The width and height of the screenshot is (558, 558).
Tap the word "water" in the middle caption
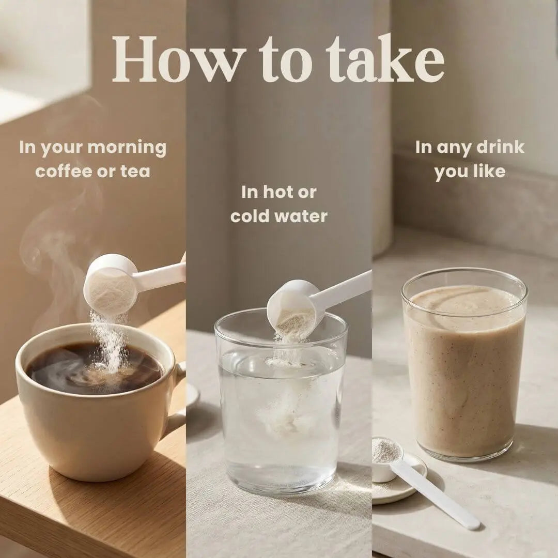[302, 216]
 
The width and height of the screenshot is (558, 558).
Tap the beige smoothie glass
[464, 366]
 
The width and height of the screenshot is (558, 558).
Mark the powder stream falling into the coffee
[111, 342]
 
